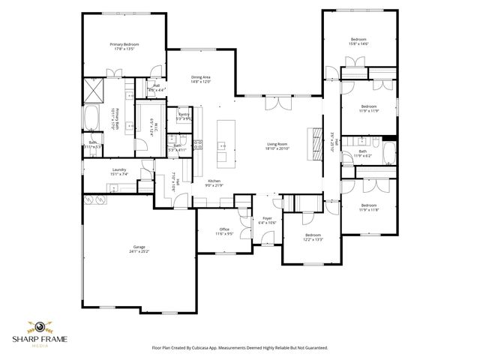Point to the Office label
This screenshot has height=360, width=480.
click(x=223, y=231)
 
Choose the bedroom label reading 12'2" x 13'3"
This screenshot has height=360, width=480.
click(x=312, y=237)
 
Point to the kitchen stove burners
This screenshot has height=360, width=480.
click(x=199, y=145)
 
